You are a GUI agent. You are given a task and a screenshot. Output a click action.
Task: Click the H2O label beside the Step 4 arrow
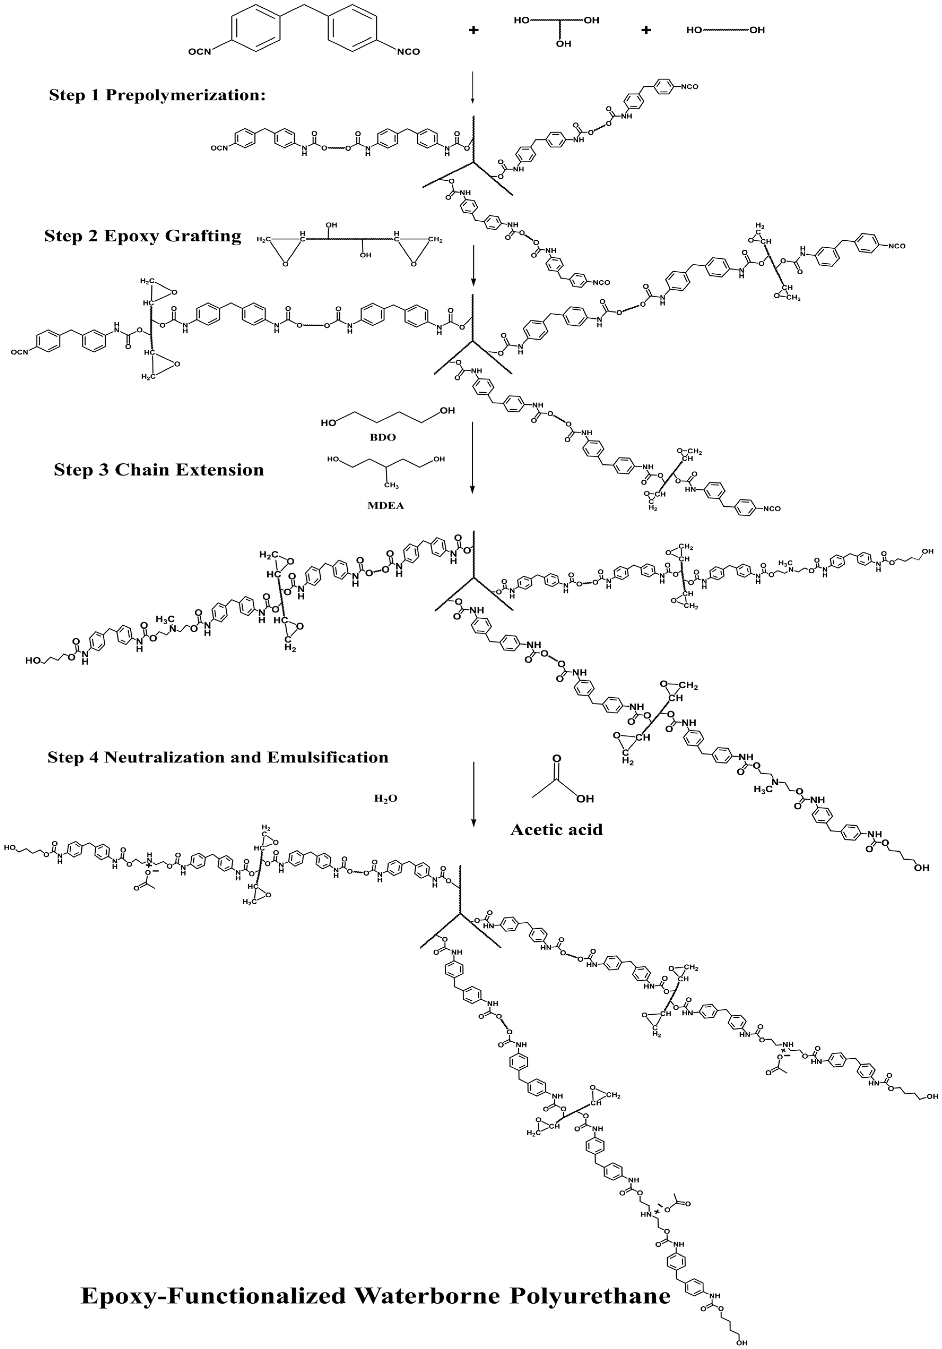point(386,799)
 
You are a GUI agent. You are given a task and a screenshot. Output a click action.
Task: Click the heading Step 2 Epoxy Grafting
point(143,236)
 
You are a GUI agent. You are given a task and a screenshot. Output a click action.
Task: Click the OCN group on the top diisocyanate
point(200,52)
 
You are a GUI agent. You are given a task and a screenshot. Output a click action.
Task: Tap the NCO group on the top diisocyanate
point(408,52)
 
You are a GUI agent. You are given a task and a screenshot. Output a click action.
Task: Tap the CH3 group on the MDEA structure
point(391,485)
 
